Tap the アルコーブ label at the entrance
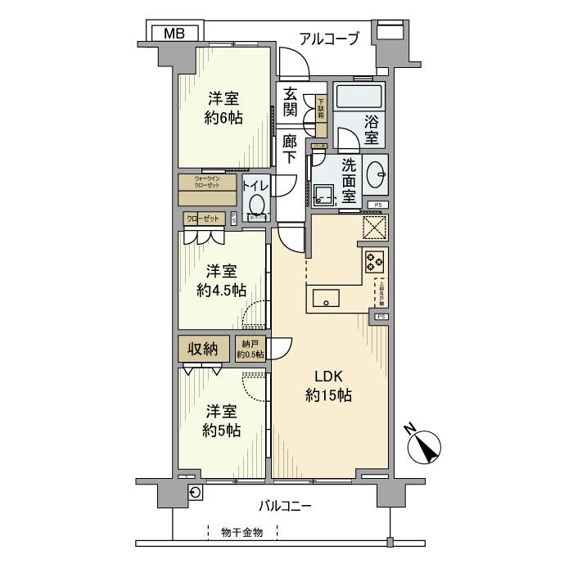click(329, 38)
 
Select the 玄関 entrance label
click(290, 102)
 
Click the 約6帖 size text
click(223, 117)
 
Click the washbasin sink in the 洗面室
click(375, 174)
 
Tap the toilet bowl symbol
click(257, 205)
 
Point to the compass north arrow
click(424, 445)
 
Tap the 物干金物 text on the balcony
click(242, 533)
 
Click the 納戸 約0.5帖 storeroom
click(250, 349)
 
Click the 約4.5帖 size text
click(223, 289)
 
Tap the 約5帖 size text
click(223, 430)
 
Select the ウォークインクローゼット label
click(206, 182)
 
